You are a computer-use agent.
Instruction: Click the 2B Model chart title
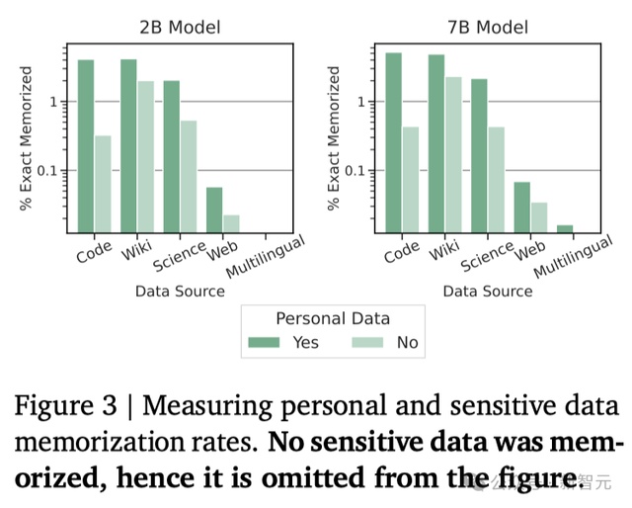[180, 28]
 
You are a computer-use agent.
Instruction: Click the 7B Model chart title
[487, 28]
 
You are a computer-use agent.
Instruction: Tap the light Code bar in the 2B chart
[102, 184]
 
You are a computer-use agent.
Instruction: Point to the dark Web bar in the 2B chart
[214, 210]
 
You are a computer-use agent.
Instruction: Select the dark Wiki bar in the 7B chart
[435, 143]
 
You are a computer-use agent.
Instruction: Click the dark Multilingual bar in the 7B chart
[564, 229]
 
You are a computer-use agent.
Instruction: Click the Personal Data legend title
[332, 318]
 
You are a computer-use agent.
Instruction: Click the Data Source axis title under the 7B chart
[487, 292]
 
